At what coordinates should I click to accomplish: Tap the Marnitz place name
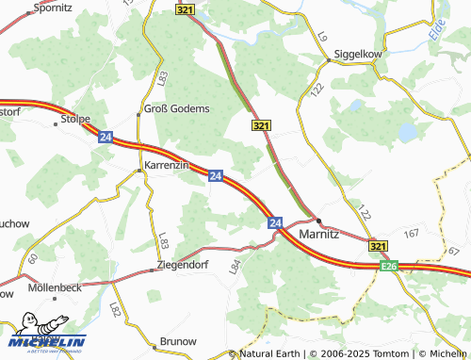coord(318,233)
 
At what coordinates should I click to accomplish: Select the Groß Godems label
coord(176,108)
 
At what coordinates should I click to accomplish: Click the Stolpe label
coord(74,119)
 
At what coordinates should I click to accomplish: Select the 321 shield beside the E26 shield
coord(378,246)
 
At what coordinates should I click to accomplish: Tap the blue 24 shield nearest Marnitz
coord(275,222)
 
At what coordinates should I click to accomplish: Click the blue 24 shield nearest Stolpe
coord(104,136)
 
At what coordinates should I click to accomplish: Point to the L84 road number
coord(235,267)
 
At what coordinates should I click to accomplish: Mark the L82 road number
coord(116,309)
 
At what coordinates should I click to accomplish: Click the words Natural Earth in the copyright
coord(270,352)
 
